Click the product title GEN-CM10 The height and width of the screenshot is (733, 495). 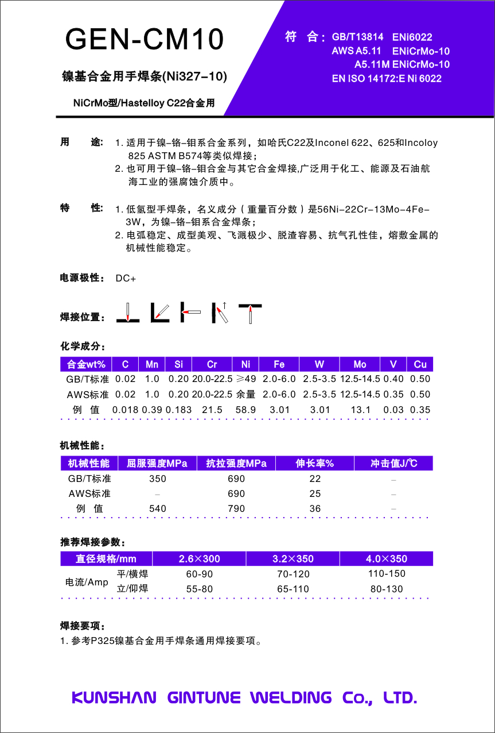(145, 40)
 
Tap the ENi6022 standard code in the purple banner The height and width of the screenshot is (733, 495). (412, 37)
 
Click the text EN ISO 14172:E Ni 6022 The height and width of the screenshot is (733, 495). (387, 79)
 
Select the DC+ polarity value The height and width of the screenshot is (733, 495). (126, 279)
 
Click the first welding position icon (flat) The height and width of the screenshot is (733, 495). (128, 313)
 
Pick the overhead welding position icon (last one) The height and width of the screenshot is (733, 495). (251, 313)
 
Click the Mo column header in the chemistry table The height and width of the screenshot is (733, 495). (360, 364)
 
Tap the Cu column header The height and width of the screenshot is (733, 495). (420, 364)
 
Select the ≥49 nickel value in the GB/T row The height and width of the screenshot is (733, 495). (246, 379)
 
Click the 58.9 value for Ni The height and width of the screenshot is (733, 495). (246, 410)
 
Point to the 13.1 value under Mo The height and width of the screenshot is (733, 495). (360, 410)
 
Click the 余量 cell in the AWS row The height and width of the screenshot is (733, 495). (246, 395)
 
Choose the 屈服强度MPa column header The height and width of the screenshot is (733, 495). (157, 464)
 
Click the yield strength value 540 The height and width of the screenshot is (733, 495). (157, 508)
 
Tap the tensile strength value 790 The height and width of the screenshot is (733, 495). (236, 508)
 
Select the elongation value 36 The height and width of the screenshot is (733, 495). (315, 508)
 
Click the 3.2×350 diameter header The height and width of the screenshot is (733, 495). (293, 559)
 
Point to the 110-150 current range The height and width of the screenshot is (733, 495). (387, 573)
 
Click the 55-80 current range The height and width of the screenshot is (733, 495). (200, 589)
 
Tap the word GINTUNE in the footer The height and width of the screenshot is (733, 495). (204, 697)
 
